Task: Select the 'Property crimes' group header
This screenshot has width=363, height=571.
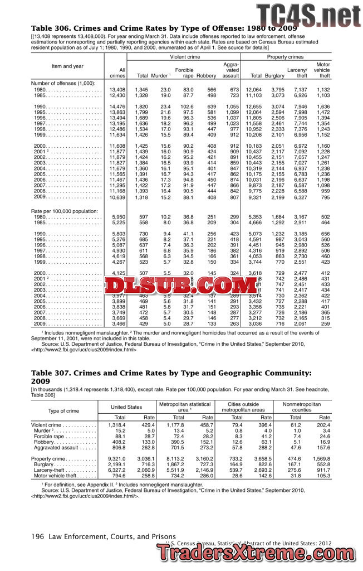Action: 284,57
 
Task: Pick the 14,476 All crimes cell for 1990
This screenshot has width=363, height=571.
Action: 117,107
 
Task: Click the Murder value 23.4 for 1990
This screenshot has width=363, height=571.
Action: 165,107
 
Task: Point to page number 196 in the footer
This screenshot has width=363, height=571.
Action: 37,536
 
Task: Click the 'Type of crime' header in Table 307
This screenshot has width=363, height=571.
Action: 63,411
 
